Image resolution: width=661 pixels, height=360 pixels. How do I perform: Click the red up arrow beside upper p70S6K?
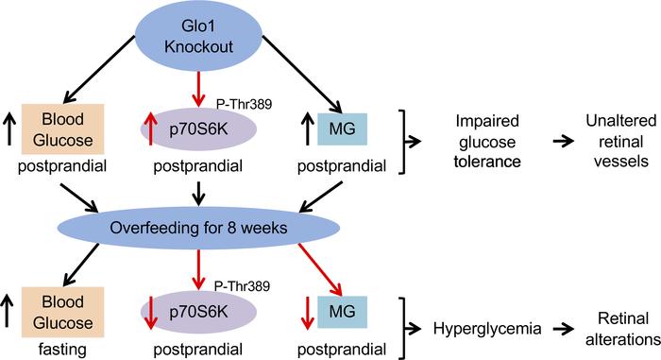(x=148, y=129)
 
